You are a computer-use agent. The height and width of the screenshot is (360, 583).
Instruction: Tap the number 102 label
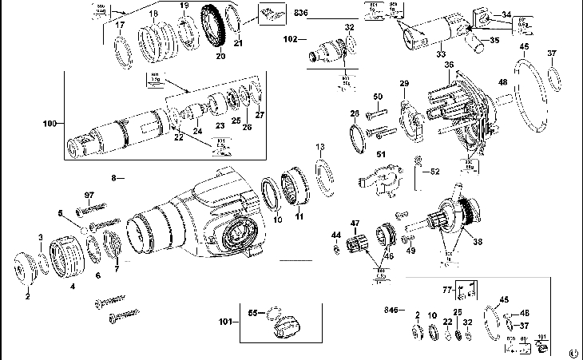290,38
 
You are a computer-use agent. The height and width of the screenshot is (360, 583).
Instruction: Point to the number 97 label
89,195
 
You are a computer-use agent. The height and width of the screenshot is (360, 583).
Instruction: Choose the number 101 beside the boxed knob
225,322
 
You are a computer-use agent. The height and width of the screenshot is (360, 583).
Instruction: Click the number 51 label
380,153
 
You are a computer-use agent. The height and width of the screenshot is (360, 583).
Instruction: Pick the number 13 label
319,146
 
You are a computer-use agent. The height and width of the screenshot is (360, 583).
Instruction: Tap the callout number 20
220,57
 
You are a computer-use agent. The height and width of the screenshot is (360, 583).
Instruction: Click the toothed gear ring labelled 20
213,29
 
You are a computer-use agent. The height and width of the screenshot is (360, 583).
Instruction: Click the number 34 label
506,14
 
